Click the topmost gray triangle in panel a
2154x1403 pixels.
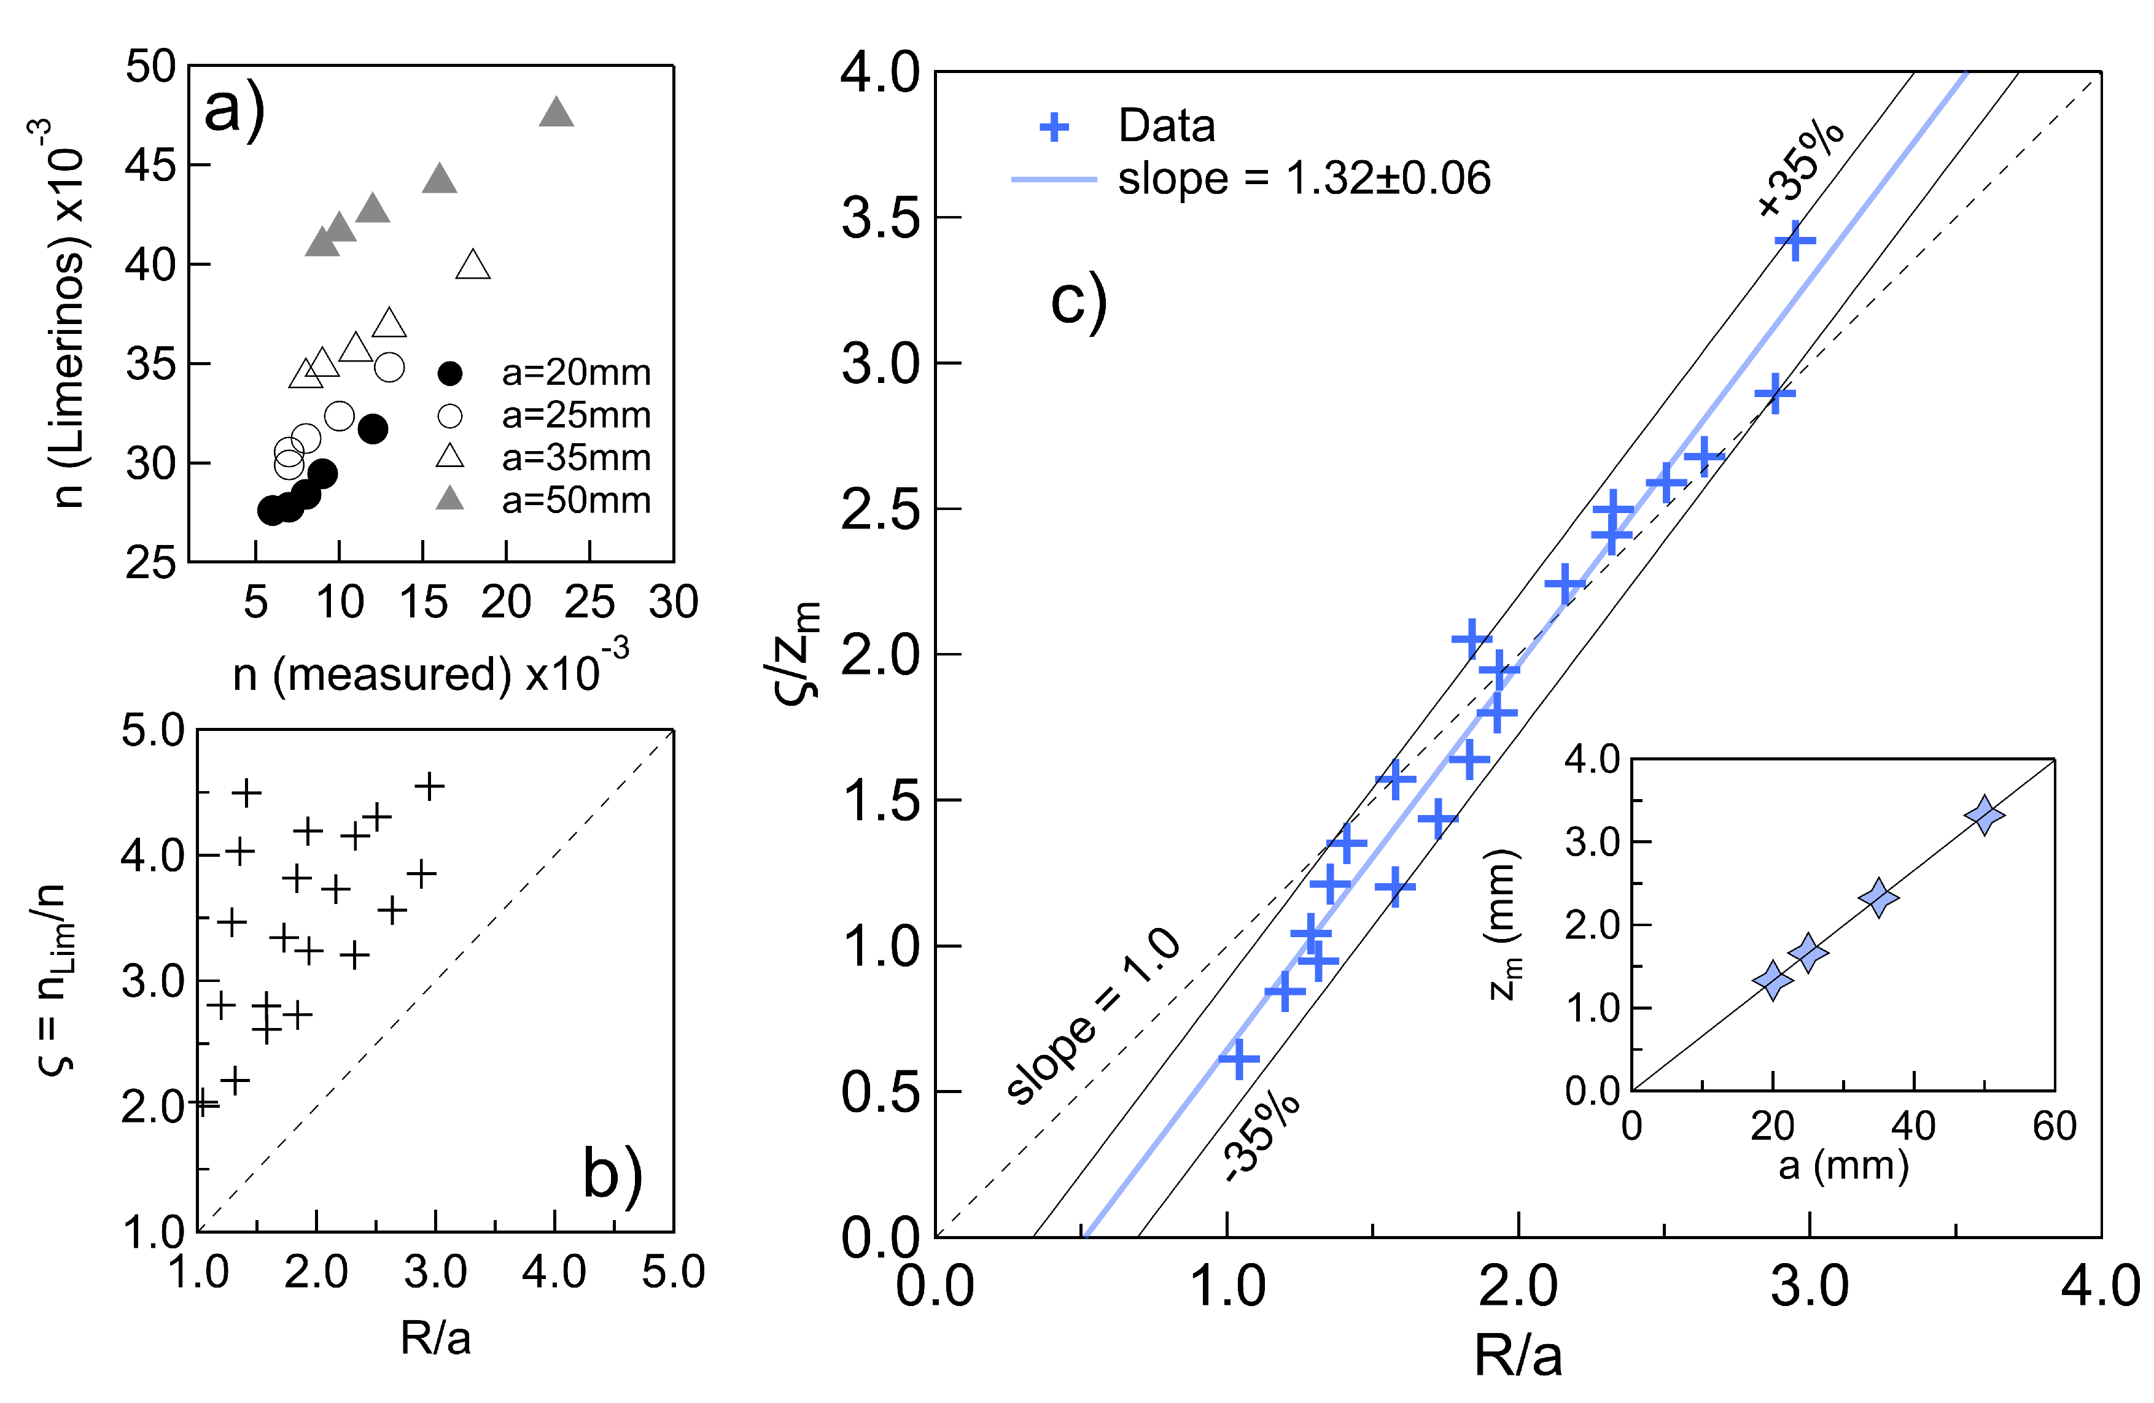point(556,113)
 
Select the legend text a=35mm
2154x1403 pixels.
point(575,458)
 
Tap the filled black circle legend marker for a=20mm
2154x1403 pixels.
point(450,373)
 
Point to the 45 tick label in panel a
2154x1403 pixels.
point(150,166)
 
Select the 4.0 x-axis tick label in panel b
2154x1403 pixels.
point(554,1273)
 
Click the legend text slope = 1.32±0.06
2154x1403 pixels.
point(1303,178)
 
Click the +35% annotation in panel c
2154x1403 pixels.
point(1800,170)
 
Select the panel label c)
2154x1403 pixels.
point(1079,301)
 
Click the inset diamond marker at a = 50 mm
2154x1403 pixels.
point(1985,816)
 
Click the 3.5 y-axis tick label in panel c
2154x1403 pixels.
point(880,218)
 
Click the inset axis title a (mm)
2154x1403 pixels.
point(1843,1166)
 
